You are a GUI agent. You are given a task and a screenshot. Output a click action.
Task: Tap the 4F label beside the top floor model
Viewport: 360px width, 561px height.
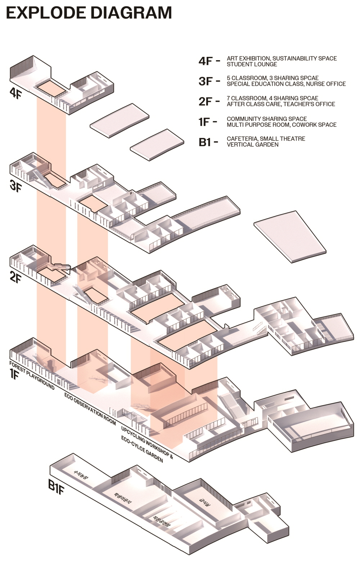click(x=16, y=93)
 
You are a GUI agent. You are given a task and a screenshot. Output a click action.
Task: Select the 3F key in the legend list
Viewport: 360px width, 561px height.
click(x=206, y=81)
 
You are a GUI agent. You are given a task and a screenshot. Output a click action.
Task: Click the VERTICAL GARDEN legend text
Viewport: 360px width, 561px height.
click(x=252, y=145)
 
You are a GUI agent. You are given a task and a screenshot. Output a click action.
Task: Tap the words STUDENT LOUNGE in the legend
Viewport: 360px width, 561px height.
click(x=252, y=64)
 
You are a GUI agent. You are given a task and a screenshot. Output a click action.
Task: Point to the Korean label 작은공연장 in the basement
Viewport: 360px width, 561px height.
click(x=161, y=521)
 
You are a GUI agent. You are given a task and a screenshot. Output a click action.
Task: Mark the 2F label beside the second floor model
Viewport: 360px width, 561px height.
click(x=16, y=278)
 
